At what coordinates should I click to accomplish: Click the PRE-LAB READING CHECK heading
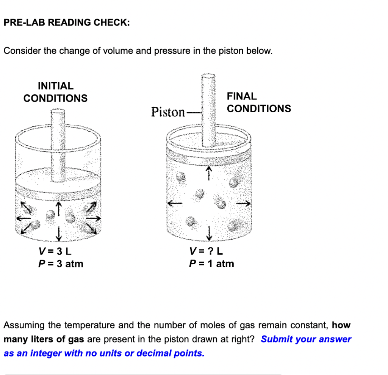pyautogui.click(x=67, y=23)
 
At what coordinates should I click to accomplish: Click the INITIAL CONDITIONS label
pyautogui.click(x=55, y=92)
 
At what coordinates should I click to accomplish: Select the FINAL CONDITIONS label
pyautogui.click(x=259, y=102)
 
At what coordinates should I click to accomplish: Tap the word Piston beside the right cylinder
pyautogui.click(x=168, y=112)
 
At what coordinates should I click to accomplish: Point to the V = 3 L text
pyautogui.click(x=55, y=251)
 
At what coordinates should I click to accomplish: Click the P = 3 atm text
pyautogui.click(x=61, y=264)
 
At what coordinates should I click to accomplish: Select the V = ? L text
pyautogui.click(x=206, y=251)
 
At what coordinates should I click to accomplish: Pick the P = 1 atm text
pyautogui.click(x=211, y=264)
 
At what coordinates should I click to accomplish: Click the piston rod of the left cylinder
pyautogui.click(x=58, y=144)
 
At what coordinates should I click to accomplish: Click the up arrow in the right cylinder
pyautogui.click(x=208, y=174)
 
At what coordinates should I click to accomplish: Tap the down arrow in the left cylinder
pyautogui.click(x=59, y=233)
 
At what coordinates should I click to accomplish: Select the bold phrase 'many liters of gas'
pyautogui.click(x=44, y=339)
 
